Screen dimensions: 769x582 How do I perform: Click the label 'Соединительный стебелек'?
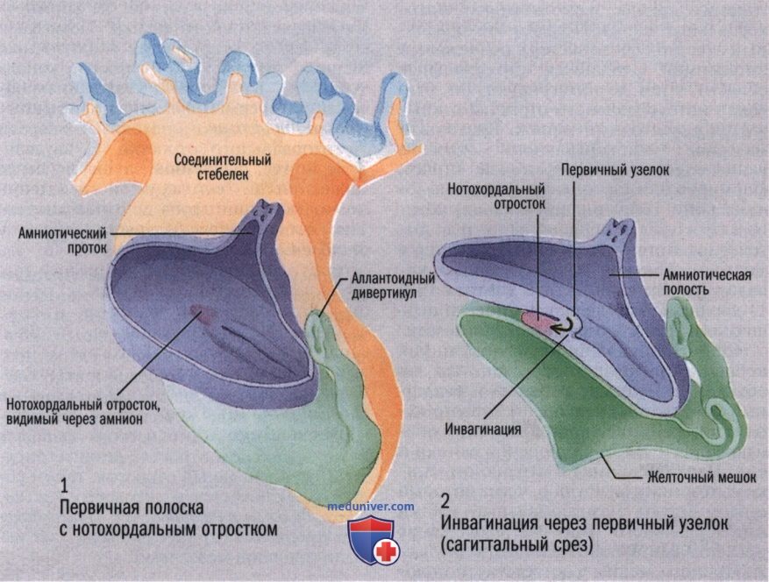(x=223, y=167)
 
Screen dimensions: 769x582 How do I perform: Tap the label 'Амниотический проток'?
(x=62, y=240)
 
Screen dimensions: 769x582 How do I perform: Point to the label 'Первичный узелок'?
(x=615, y=171)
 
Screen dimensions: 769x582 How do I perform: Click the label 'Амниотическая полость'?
(x=707, y=281)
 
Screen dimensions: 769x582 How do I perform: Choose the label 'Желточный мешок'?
(x=701, y=477)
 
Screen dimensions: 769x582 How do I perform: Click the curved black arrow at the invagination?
(x=563, y=325)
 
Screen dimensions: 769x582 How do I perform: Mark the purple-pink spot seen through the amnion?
(x=200, y=313)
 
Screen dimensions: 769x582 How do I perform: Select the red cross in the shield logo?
(x=387, y=551)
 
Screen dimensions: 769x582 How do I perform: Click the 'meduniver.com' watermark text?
(x=371, y=507)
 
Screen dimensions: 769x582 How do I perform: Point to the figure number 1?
(x=64, y=486)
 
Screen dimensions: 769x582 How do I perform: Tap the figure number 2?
(x=445, y=501)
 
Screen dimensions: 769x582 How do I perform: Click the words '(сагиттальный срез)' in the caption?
(x=516, y=544)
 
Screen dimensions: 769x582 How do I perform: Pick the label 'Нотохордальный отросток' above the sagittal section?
(x=496, y=196)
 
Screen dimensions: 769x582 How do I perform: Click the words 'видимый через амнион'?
(x=75, y=419)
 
